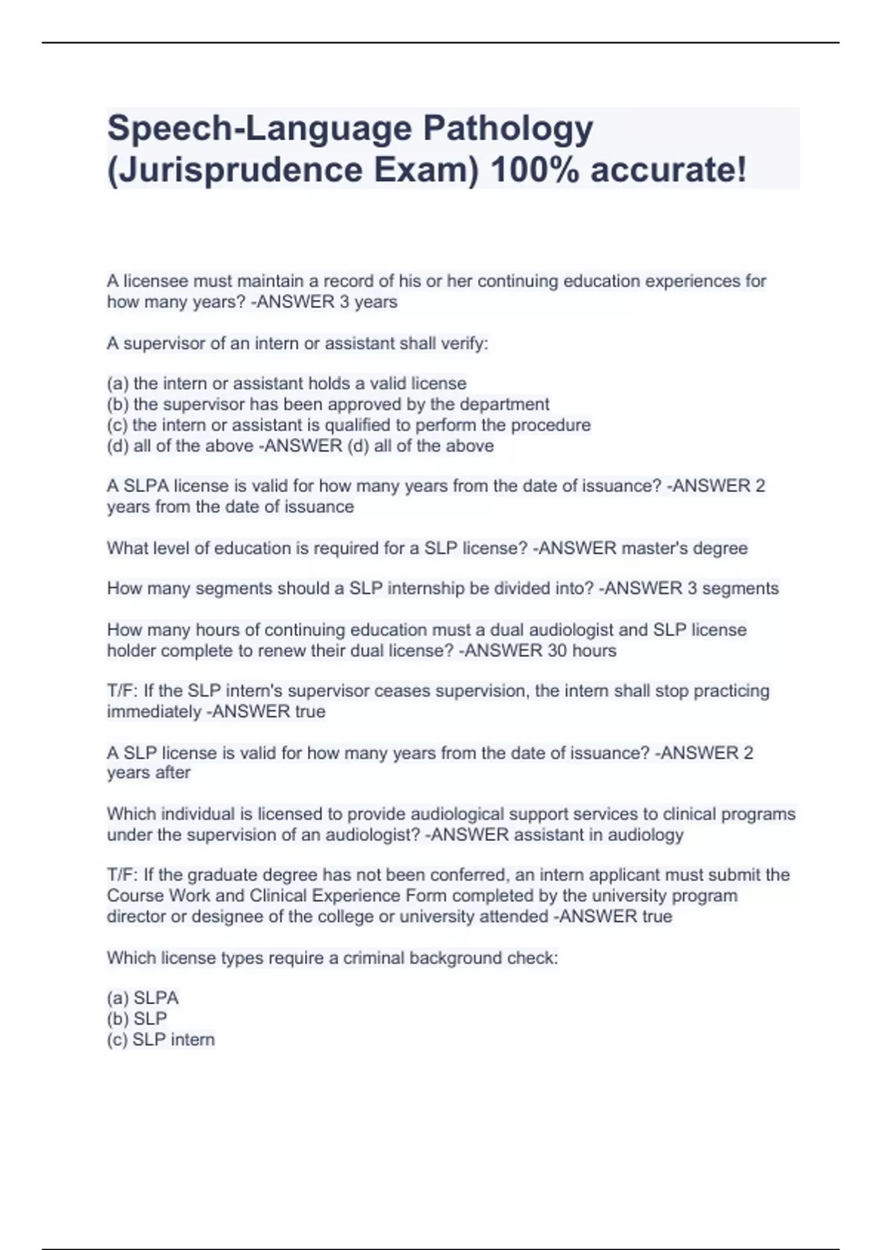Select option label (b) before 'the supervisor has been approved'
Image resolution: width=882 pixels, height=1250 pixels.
(x=118, y=404)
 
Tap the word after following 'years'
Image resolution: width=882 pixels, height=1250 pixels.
(x=173, y=773)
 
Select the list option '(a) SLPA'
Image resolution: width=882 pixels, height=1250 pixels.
(x=143, y=998)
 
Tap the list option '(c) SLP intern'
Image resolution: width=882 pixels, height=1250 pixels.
(x=161, y=1040)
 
